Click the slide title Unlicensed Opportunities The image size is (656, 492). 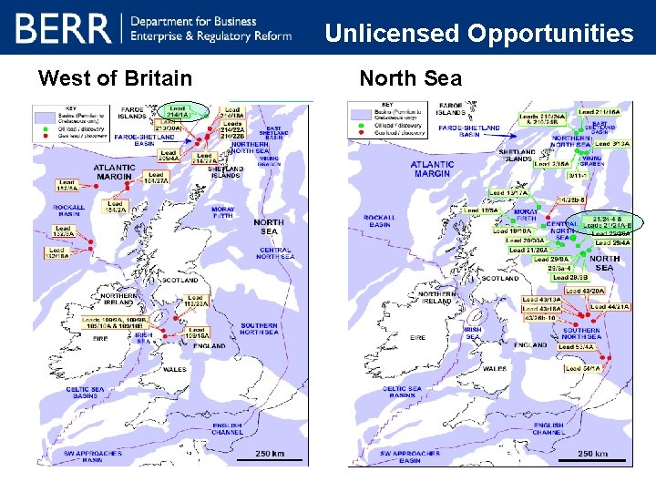tap(478, 34)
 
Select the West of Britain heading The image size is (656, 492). tap(115, 78)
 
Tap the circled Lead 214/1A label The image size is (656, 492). tap(177, 112)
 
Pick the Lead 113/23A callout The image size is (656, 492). tap(194, 302)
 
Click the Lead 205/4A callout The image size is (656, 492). tap(167, 156)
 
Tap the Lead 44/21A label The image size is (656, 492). tap(610, 307)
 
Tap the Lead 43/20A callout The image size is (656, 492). tap(591, 291)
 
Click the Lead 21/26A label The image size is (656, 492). tap(528, 250)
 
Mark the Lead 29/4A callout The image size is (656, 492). tap(612, 243)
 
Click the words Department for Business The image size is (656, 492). tap(193, 21)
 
